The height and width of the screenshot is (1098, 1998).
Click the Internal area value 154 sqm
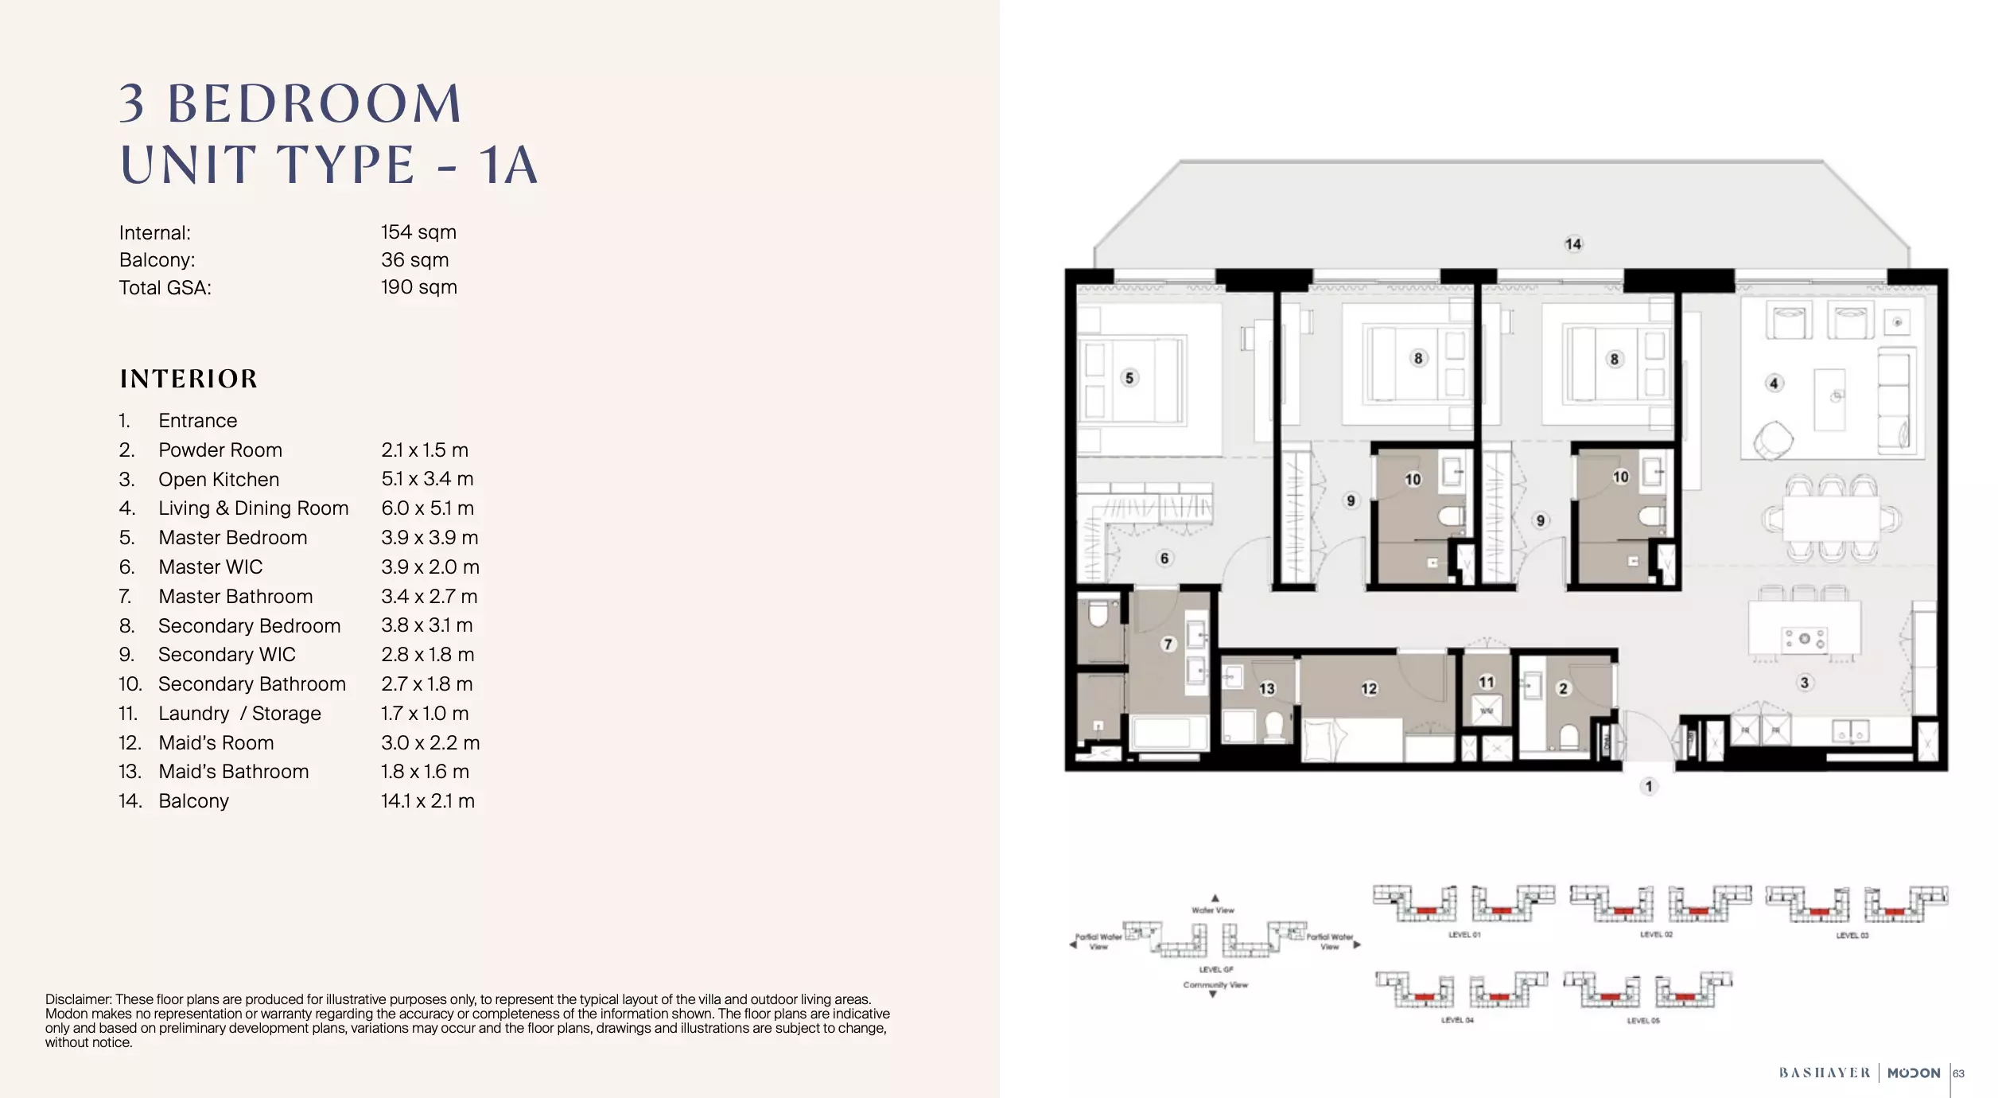(x=418, y=232)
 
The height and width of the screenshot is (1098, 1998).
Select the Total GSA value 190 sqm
(x=418, y=287)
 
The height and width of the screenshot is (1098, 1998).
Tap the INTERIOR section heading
(x=189, y=379)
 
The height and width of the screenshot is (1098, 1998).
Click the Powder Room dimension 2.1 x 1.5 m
(x=424, y=450)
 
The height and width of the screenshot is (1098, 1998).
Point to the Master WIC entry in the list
(x=210, y=567)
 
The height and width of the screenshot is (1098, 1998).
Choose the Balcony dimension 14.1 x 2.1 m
(x=427, y=801)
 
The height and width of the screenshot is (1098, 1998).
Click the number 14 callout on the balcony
(x=1572, y=244)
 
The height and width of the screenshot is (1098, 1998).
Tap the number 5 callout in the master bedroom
(x=1129, y=378)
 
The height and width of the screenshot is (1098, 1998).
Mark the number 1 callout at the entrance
(x=1648, y=787)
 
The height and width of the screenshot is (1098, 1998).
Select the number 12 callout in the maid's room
(x=1368, y=689)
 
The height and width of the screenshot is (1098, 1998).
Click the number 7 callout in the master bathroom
(x=1168, y=644)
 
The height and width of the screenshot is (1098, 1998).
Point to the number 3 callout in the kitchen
(x=1804, y=683)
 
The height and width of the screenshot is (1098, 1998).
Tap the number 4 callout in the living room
(x=1773, y=384)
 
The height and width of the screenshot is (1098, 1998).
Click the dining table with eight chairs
(x=1830, y=519)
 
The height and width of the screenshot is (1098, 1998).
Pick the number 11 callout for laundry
(x=1486, y=682)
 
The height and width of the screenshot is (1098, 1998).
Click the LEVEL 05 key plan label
(x=1643, y=1021)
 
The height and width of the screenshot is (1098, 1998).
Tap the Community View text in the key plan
(x=1215, y=985)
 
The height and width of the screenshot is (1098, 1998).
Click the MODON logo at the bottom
(x=1913, y=1073)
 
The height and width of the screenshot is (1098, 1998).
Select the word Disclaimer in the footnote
(x=78, y=999)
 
